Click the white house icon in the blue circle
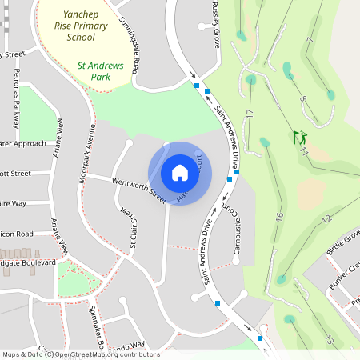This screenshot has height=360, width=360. coord(180,172)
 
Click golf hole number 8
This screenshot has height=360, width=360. coord(302,99)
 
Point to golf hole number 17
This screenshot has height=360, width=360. coord(250,114)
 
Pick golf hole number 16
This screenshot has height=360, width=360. coord(279,216)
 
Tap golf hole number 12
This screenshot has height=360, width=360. coord(326,218)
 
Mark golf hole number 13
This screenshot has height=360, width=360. coord(329,339)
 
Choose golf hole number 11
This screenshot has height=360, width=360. coord(305,150)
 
